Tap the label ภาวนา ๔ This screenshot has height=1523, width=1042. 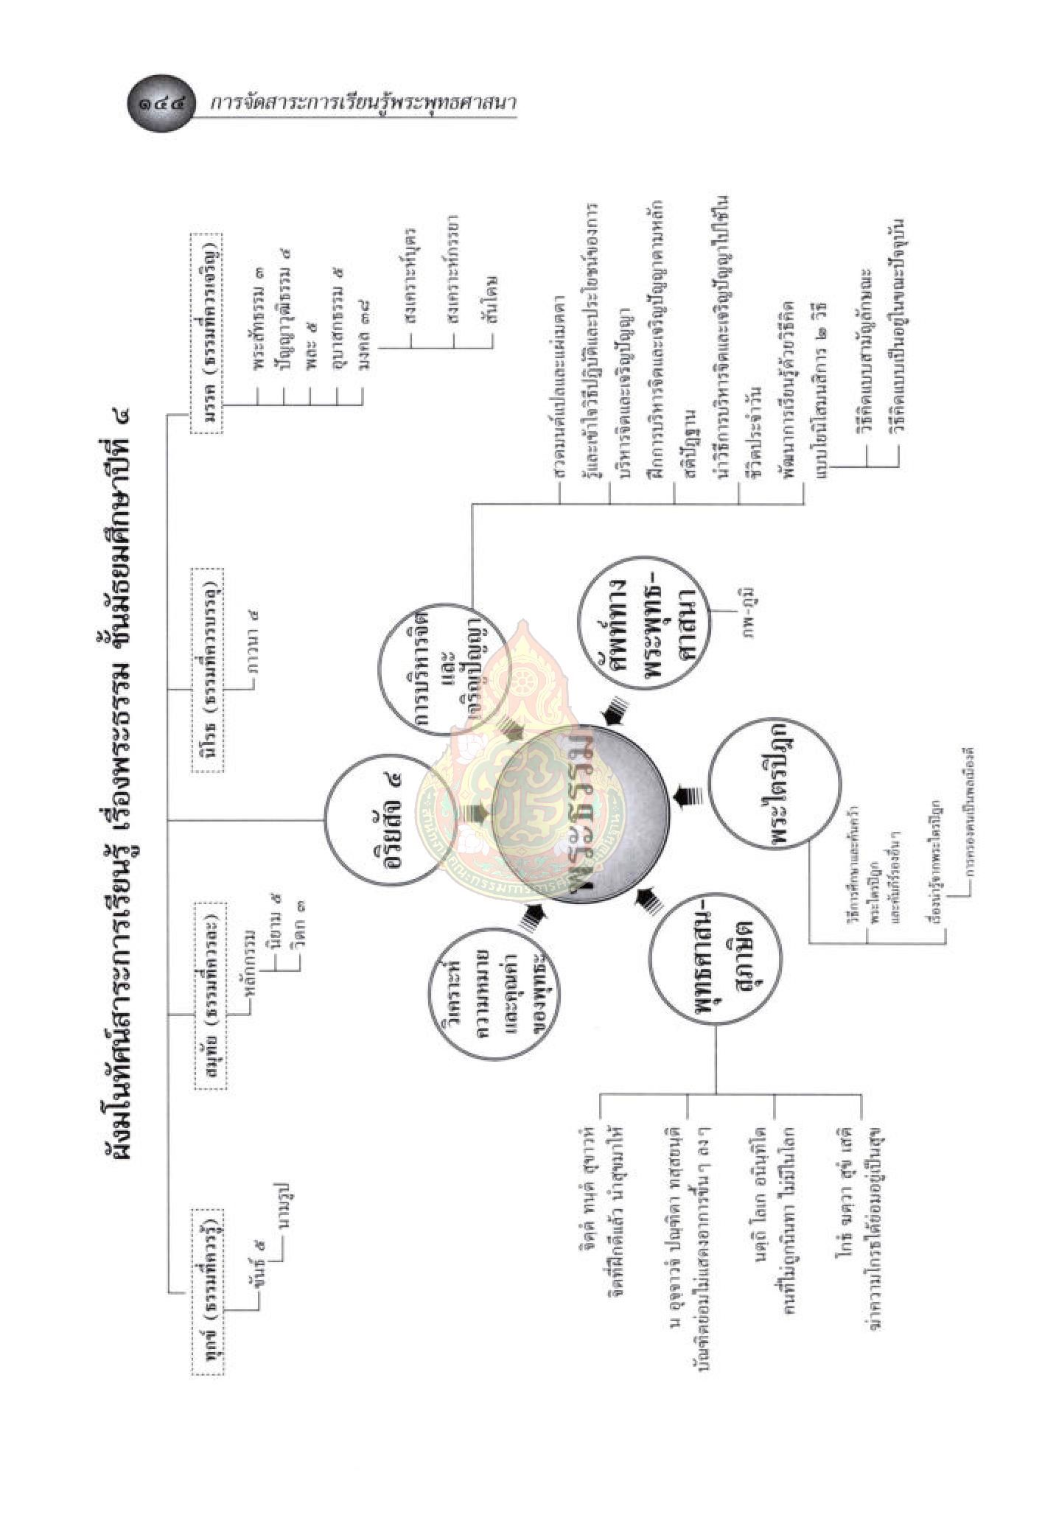pyautogui.click(x=253, y=646)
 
